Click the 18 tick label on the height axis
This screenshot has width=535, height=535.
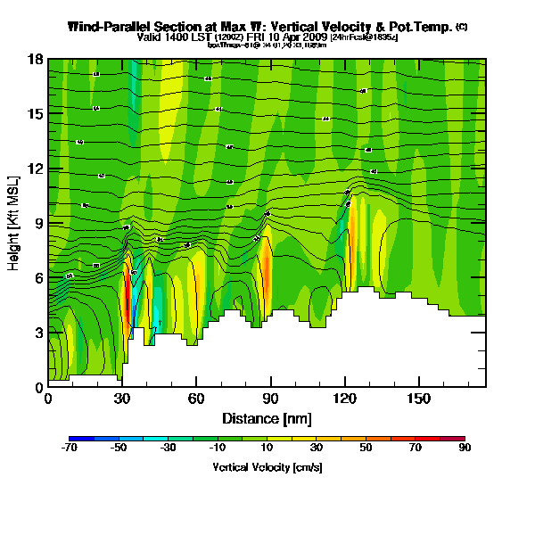tap(37, 60)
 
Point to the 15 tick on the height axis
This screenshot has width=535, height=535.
tap(37, 114)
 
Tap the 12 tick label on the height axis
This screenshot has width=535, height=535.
tap(37, 169)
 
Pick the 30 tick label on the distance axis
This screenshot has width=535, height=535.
tap(122, 398)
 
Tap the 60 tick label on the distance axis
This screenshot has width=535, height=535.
tap(195, 398)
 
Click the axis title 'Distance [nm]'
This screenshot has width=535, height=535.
tap(267, 417)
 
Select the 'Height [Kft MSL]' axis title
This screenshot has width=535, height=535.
tap(14, 223)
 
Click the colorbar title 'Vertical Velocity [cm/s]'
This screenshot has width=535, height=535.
tap(267, 466)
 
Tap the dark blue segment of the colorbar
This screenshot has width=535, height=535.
tap(81, 439)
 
